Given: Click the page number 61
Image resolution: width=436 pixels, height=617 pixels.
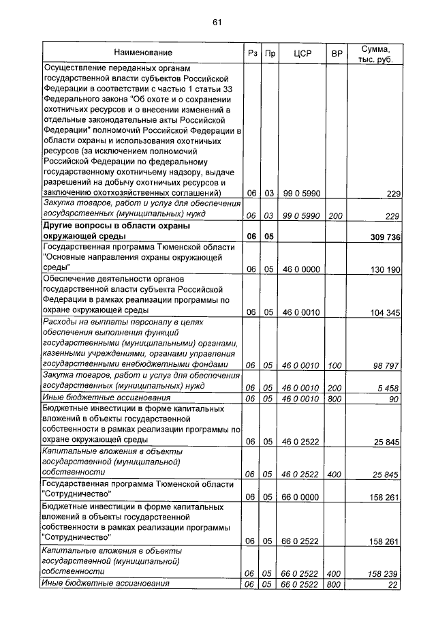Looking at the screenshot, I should coord(217,22).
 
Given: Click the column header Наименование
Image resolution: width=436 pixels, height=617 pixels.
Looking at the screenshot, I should coord(143,52).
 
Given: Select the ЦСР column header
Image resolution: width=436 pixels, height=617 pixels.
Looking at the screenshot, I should coord(301,52).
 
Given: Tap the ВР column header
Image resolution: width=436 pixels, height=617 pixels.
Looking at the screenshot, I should coord(335,52).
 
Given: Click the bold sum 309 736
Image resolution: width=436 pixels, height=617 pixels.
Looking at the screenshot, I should coord(382,237).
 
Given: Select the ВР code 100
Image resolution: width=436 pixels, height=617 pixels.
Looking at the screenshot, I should coord(334,365).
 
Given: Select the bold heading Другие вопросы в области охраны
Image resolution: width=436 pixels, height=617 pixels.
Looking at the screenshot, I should coord(116,225).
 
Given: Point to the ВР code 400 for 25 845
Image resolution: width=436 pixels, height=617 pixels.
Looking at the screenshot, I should coord(334,472).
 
